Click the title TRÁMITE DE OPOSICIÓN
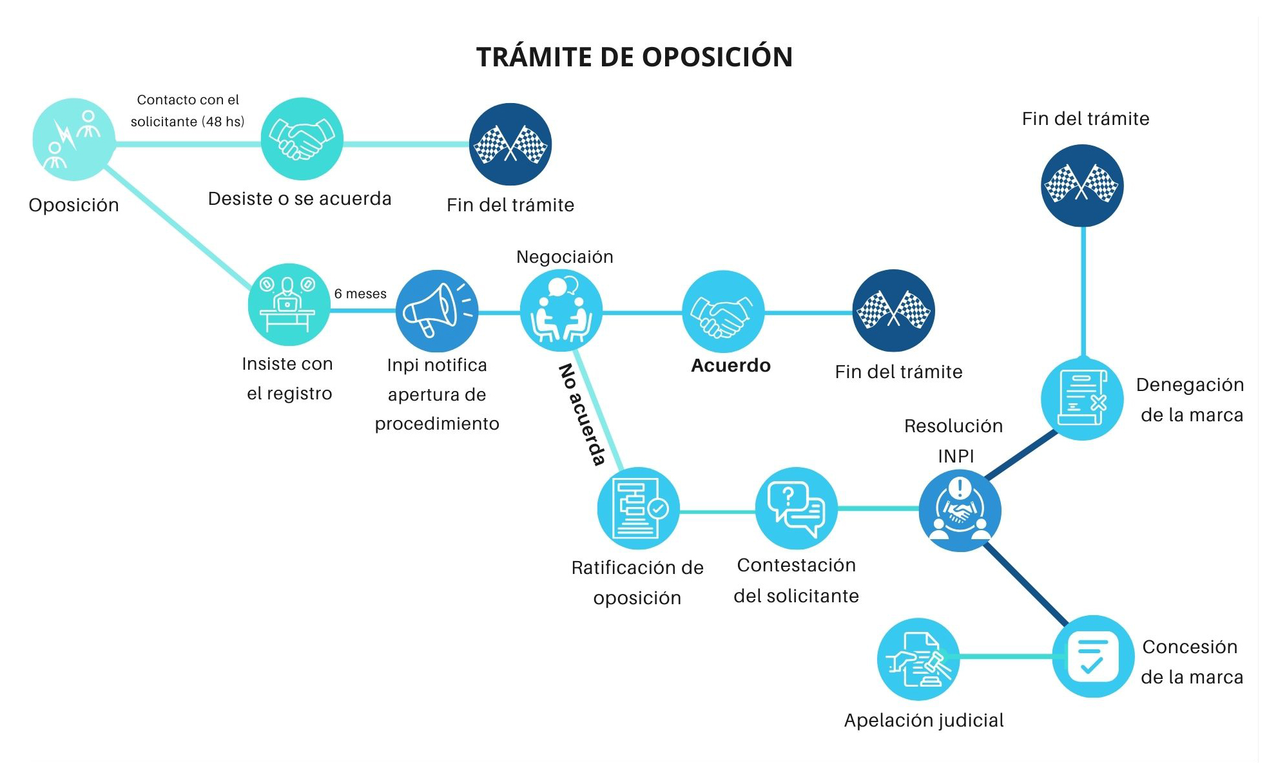pyautogui.click(x=634, y=57)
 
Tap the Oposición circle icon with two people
pyautogui.click(x=73, y=139)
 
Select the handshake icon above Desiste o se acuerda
pyautogui.click(x=302, y=138)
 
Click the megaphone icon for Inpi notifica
pyautogui.click(x=437, y=310)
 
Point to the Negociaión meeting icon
pyautogui.click(x=561, y=310)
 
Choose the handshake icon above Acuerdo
pyautogui.click(x=723, y=311)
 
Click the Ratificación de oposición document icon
pyautogui.click(x=638, y=509)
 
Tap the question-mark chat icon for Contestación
pyautogui.click(x=796, y=509)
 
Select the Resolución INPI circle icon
pyautogui.click(x=960, y=510)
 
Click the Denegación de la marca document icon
pyautogui.click(x=1083, y=399)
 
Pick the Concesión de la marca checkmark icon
pyautogui.click(x=1093, y=656)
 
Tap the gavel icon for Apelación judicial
pyautogui.click(x=918, y=659)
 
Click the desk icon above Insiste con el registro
pyautogui.click(x=289, y=304)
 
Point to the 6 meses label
pyautogui.click(x=360, y=294)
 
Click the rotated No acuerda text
pyautogui.click(x=582, y=414)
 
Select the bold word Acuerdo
pyautogui.click(x=731, y=366)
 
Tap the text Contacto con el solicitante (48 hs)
pyautogui.click(x=188, y=111)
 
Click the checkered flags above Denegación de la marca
pyautogui.click(x=1082, y=186)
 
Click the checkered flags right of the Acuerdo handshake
pyautogui.click(x=893, y=310)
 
